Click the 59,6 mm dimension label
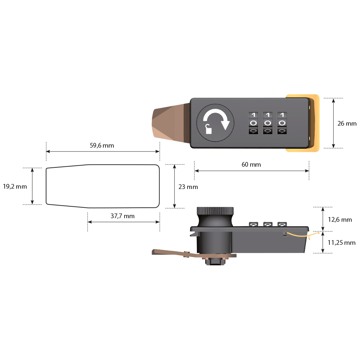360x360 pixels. [102, 145]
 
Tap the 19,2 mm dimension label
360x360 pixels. [15, 186]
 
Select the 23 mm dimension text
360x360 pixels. [188, 187]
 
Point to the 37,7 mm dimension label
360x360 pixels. [122, 216]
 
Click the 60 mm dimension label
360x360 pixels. [251, 165]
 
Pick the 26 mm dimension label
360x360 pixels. [347, 123]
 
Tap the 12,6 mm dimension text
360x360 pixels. [340, 220]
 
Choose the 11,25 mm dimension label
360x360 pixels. [341, 243]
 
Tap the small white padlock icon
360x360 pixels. [208, 129]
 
